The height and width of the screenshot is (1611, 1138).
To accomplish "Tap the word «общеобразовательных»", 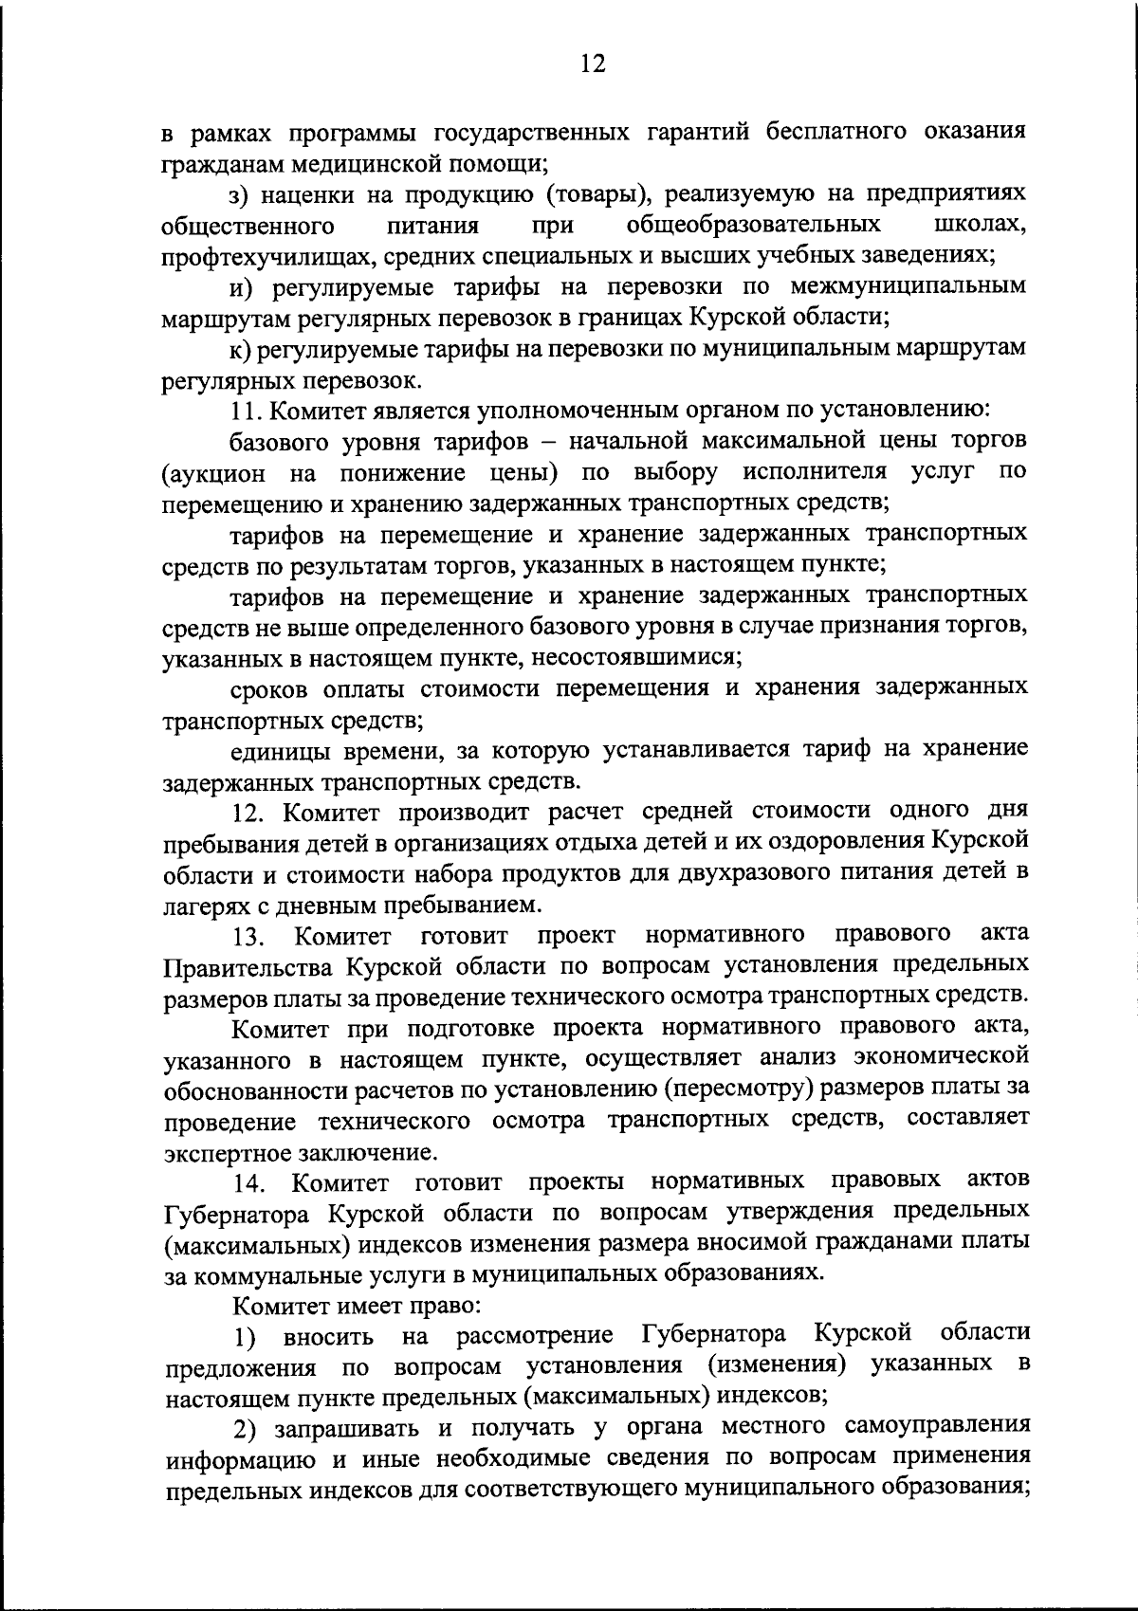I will [x=753, y=225].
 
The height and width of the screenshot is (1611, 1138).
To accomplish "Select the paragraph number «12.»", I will [x=252, y=812].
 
